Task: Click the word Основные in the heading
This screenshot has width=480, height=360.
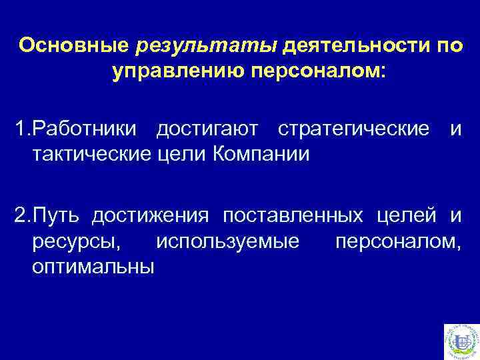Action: tap(74, 47)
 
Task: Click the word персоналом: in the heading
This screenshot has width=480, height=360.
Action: tap(319, 71)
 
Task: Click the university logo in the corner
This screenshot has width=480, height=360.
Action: tap(460, 341)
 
